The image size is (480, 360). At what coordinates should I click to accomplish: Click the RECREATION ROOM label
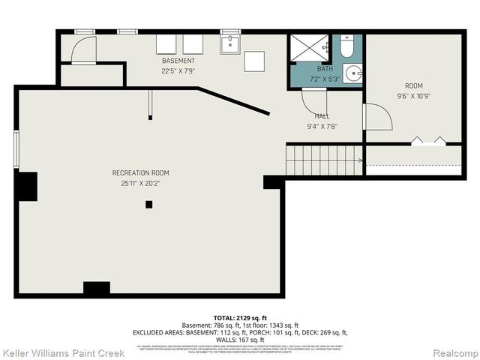tap(135, 173)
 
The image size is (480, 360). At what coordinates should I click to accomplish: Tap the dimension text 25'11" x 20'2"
tap(135, 183)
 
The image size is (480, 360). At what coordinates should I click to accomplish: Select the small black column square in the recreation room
tap(149, 204)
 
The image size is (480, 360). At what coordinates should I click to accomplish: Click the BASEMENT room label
tap(178, 61)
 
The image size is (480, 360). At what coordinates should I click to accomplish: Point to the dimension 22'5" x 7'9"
tap(178, 70)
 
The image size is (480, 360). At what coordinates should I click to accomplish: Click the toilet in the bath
tap(346, 48)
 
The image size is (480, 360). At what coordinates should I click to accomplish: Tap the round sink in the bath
tap(352, 73)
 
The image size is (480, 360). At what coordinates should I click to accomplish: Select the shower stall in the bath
tap(310, 49)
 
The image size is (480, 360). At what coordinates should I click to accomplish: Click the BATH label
tap(325, 68)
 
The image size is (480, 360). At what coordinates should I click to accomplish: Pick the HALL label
tap(322, 116)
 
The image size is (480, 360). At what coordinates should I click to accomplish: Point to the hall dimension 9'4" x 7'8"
tap(322, 126)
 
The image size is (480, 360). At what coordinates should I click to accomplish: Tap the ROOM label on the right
tap(413, 86)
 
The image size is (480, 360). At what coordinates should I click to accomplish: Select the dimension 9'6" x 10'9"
tap(413, 96)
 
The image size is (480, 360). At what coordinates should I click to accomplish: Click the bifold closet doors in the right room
tap(427, 140)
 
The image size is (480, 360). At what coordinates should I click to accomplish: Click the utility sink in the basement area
tap(229, 44)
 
